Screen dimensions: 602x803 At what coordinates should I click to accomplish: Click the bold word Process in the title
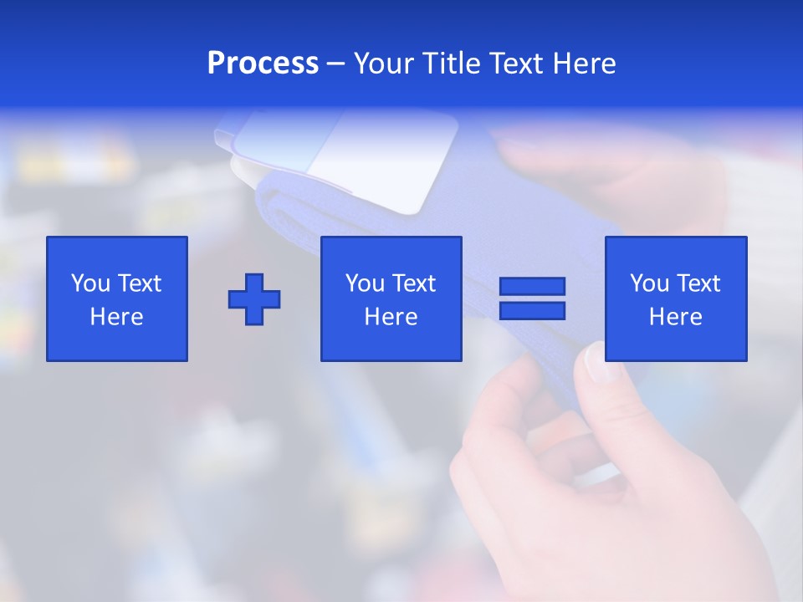pyautogui.click(x=263, y=64)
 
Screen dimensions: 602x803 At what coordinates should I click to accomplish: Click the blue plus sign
pyautogui.click(x=254, y=299)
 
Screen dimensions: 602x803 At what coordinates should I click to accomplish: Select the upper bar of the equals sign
pyautogui.click(x=532, y=287)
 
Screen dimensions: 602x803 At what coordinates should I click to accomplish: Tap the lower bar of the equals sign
pyautogui.click(x=532, y=311)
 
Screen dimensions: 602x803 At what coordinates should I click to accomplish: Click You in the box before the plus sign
pyautogui.click(x=90, y=283)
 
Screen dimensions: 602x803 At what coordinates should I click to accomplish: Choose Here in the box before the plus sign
pyautogui.click(x=116, y=317)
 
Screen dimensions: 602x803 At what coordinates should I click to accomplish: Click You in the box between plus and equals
pyautogui.click(x=365, y=283)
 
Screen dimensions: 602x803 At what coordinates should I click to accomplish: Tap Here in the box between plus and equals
pyautogui.click(x=391, y=317)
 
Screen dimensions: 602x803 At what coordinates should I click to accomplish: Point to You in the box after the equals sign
pyautogui.click(x=649, y=283)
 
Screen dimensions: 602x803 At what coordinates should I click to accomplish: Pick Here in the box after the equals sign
pyautogui.click(x=675, y=317)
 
